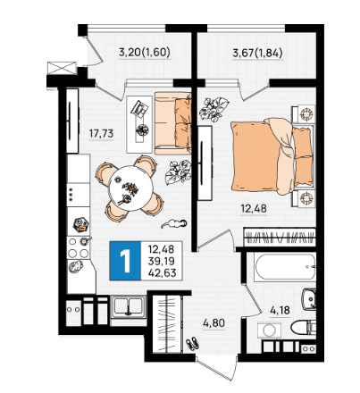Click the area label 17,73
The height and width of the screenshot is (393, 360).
101,134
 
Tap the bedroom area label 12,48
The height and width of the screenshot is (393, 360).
254,208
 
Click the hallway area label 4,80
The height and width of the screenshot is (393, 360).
213,322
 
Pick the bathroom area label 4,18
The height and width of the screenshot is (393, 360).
280,311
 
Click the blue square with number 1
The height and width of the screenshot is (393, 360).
125,261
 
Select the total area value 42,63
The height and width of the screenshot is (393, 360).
163,272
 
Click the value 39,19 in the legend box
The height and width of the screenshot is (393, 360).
162,261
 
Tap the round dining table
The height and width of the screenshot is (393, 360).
130,188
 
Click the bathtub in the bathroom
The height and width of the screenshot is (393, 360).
285,267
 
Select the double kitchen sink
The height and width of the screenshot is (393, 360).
129,305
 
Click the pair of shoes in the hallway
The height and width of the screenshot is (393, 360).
193,343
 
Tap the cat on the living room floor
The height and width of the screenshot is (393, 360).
174,223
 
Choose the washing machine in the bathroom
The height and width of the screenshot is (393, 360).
269,330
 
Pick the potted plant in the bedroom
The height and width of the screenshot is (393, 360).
213,109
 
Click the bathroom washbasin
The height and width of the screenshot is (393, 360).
309,298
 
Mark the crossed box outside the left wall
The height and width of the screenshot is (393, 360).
62,68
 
